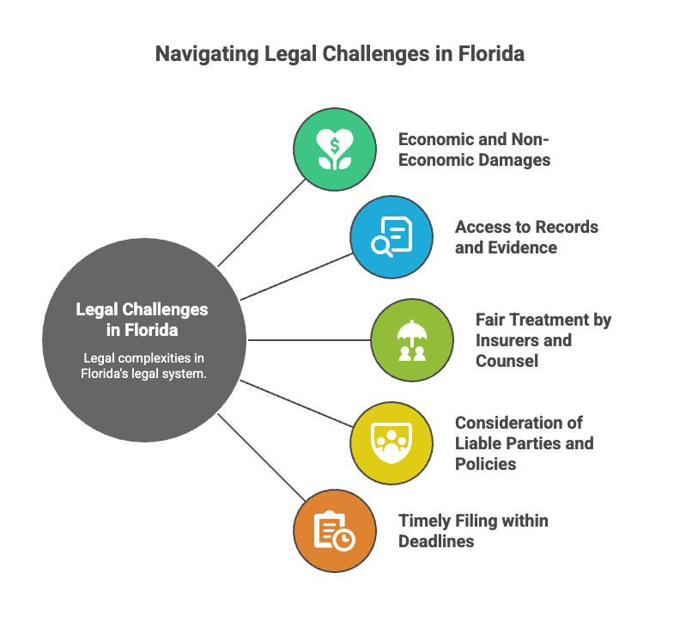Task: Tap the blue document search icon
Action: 392,236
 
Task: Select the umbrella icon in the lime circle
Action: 412,340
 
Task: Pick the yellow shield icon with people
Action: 392,442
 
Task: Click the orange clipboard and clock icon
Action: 335,530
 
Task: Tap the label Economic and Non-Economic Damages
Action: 474,149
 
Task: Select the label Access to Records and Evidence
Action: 526,237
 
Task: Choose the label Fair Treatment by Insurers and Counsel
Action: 543,340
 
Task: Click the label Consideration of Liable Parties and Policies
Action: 524,442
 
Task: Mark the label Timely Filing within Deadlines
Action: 473,531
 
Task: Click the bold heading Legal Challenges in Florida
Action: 143,319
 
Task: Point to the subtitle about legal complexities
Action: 144,366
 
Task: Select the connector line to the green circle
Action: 263,222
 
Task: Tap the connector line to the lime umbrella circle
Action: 309,340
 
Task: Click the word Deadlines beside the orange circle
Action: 436,541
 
